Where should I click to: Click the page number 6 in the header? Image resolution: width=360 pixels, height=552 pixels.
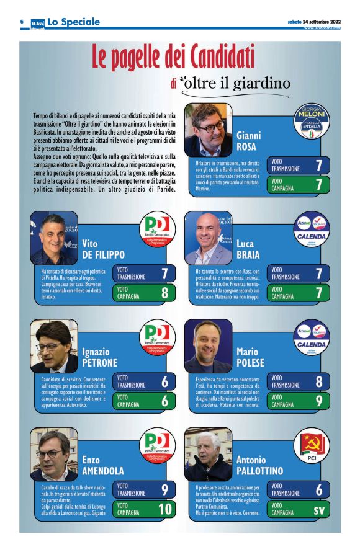pos(22,21)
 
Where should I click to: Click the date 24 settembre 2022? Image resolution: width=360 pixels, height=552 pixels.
pos(320,21)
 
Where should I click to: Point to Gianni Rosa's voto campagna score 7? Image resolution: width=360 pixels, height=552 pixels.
pos(318,185)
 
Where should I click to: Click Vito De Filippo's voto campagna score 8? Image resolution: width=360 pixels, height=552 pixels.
pos(164,293)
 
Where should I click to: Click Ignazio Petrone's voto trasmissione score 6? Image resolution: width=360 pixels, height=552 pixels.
pos(164,381)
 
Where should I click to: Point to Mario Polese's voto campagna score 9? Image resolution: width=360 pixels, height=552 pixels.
pos(318,401)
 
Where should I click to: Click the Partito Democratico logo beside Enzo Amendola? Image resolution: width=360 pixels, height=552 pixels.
pos(157,445)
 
